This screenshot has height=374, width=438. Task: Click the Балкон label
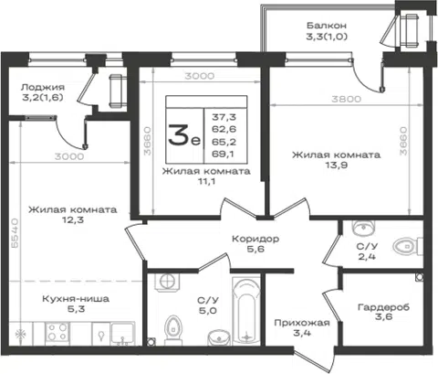(x=327, y=26)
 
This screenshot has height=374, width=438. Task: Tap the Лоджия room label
(x=43, y=88)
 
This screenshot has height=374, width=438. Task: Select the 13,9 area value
(x=336, y=166)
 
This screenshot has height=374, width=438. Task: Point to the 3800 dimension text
(x=346, y=99)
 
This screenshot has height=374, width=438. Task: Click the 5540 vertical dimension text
(x=15, y=233)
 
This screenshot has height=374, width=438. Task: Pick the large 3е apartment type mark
(x=184, y=135)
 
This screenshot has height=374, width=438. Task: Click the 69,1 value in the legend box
(x=223, y=155)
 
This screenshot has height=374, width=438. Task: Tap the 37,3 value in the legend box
(x=224, y=117)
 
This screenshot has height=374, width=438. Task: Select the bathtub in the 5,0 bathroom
(x=246, y=310)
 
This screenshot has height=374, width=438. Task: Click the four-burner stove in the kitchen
(x=57, y=332)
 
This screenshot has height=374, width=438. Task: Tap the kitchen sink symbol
(x=122, y=334)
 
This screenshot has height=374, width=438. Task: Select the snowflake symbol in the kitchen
(x=21, y=335)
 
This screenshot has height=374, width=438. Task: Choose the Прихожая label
(x=302, y=323)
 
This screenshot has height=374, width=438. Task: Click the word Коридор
(x=255, y=239)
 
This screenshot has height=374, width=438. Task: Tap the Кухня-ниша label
(x=76, y=299)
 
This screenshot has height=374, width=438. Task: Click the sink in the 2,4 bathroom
(x=363, y=228)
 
